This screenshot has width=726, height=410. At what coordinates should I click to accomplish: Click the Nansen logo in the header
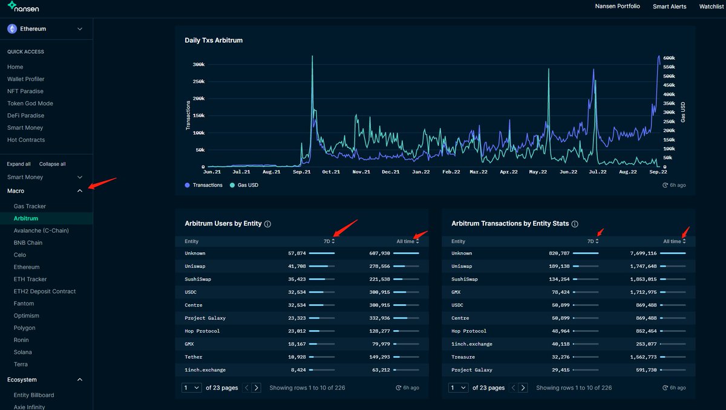23,7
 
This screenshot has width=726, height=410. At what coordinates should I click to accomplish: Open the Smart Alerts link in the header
669,7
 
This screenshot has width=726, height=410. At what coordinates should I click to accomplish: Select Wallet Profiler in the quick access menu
25,79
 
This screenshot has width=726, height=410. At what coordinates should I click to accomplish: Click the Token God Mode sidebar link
30,103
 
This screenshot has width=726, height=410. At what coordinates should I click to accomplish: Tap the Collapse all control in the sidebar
52,164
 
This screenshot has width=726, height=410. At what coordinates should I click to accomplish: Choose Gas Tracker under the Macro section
30,206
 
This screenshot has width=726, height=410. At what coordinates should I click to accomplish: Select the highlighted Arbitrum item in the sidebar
26,218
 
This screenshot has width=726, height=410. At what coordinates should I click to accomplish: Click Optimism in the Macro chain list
26,316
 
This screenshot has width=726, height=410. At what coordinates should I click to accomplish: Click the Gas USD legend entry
244,185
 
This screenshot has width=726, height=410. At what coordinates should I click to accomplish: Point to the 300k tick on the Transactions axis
198,65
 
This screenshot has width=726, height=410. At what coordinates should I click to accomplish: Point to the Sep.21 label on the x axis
302,172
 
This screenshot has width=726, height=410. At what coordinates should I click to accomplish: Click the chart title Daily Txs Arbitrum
214,40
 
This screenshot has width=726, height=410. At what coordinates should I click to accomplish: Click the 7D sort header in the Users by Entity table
329,241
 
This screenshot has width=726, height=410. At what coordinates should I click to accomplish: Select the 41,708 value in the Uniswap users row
297,266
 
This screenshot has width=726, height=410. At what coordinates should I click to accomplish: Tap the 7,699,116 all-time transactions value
643,253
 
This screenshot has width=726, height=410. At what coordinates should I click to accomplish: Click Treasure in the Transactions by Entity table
463,357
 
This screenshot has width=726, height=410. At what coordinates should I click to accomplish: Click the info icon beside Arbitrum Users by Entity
267,224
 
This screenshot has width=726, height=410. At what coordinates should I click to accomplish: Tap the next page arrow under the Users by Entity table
257,388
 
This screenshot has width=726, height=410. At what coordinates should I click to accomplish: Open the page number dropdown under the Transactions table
459,388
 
